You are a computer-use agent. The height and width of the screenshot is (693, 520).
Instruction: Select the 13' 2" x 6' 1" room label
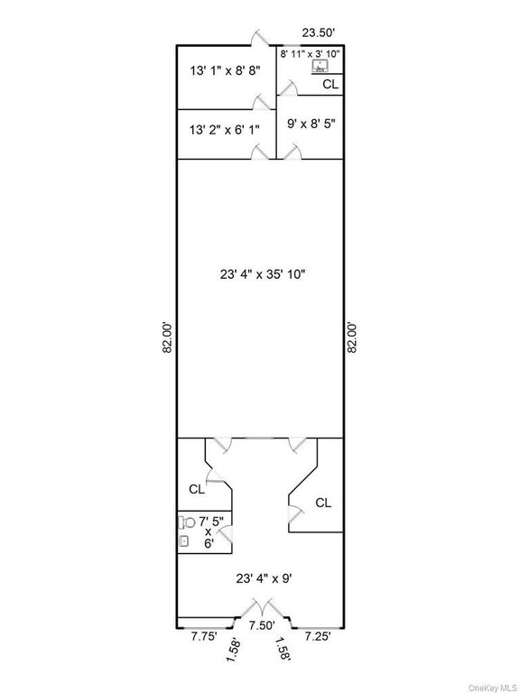[x=225, y=130]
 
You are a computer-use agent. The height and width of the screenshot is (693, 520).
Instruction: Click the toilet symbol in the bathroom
[x=188, y=522]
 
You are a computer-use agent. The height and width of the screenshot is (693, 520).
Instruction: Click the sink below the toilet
[x=184, y=541]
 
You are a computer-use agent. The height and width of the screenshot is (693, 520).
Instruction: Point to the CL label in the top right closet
[x=330, y=84]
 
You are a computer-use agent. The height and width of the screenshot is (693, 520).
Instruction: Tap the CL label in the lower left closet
[x=197, y=489]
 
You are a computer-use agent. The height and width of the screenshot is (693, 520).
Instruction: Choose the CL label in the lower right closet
[x=322, y=503]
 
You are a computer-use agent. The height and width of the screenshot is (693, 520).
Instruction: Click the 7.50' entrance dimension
[x=262, y=624]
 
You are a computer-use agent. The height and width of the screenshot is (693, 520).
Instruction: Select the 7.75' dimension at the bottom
[x=205, y=636]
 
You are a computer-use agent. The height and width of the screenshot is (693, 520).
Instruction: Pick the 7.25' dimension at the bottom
[x=319, y=636]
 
